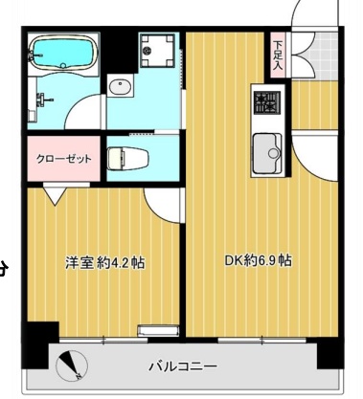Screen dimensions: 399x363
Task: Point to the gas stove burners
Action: [x=265, y=100]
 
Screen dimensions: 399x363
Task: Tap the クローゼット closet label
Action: [x=63, y=159]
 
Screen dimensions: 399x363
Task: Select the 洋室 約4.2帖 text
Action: [x=104, y=261]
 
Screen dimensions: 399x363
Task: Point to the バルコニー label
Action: [x=182, y=366]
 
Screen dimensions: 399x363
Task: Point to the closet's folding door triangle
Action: [x=53, y=195]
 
